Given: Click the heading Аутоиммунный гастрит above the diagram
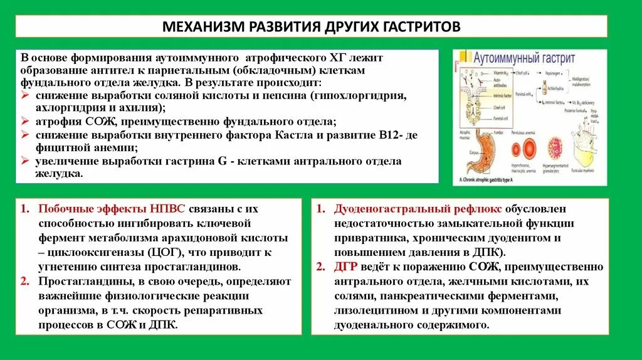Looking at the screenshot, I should [x=524, y=58].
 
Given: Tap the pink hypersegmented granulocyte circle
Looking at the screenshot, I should [x=554, y=148].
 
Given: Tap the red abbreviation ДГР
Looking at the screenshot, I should [x=345, y=267].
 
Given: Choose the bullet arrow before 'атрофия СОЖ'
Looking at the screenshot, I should [x=24, y=121].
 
